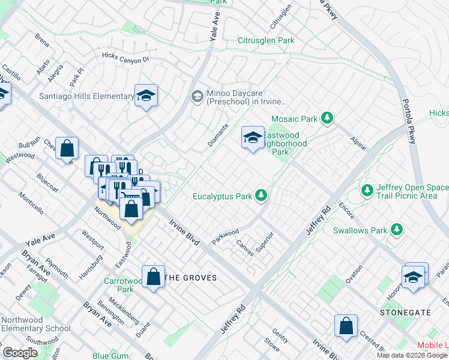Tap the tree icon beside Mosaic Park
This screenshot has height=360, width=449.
pyautogui.click(x=327, y=118)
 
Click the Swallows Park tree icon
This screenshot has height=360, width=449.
pyautogui.click(x=396, y=229)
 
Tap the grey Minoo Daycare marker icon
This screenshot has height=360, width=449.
pyautogui.click(x=196, y=97)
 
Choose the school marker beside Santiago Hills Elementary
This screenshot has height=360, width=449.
pyautogui.click(x=146, y=96)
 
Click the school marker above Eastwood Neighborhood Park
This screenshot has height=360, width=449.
pyautogui.click(x=253, y=138)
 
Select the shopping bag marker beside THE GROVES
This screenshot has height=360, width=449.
pyautogui.click(x=154, y=277)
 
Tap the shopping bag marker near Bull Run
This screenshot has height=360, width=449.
pyautogui.click(x=67, y=148)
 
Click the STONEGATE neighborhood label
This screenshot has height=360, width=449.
pyautogui.click(x=405, y=313)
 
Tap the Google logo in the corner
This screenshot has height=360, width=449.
pyautogui.click(x=20, y=353)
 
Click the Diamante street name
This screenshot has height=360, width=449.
pyautogui.click(x=219, y=133)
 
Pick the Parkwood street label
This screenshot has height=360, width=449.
pyautogui.click(x=225, y=236)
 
